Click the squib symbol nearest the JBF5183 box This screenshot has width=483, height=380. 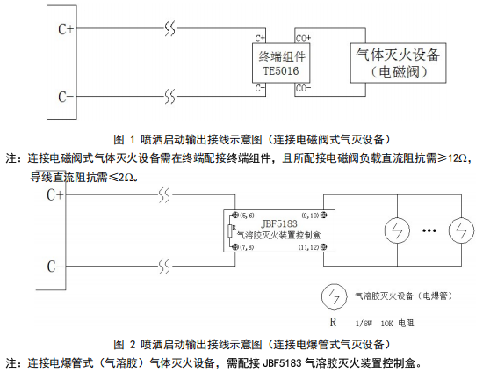coord(398,232)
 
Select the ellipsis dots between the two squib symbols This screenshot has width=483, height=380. coord(430,232)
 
